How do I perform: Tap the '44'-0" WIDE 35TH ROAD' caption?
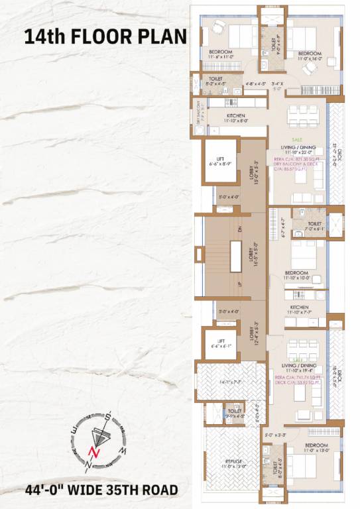pyautogui.click(x=101, y=490)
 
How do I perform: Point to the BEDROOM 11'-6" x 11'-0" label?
pyautogui.click(x=221, y=55)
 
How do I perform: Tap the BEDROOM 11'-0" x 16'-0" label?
pyautogui.click(x=309, y=56)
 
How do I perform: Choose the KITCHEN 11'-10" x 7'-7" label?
pyautogui.click(x=298, y=310)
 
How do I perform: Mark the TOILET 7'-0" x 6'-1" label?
pyautogui.click(x=314, y=226)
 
